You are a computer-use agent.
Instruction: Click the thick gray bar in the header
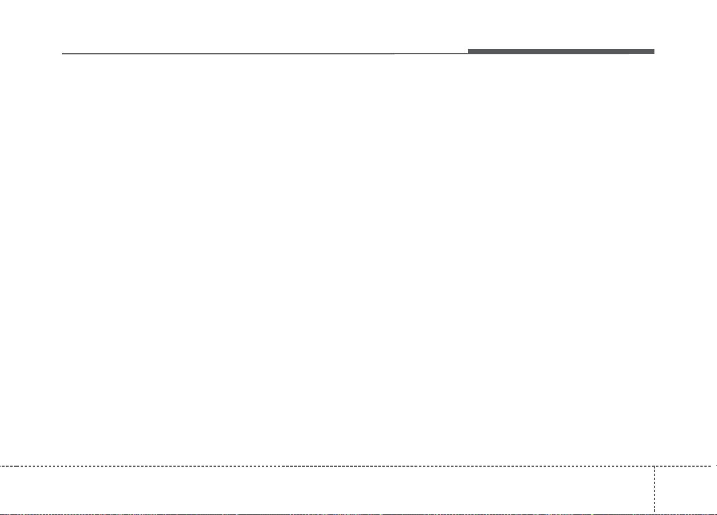tap(560, 52)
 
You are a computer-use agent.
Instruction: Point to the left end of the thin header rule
tap(63, 54)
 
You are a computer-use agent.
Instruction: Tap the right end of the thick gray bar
tap(653, 52)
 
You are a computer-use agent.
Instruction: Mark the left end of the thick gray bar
tap(468, 52)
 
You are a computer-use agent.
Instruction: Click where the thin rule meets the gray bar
tap(468, 53)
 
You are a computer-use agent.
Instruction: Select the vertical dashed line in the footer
tap(654, 488)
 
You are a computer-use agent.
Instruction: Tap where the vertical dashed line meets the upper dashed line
tap(654, 466)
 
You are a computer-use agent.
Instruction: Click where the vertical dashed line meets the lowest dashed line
tap(654, 513)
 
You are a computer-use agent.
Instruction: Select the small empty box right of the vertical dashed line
tap(685, 489)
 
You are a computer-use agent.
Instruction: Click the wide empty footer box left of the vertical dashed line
tap(327, 489)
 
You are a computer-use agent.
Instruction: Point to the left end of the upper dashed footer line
tap(1, 466)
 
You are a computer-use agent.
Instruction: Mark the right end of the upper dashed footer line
tap(715, 466)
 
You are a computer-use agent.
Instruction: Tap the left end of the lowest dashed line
tap(1, 513)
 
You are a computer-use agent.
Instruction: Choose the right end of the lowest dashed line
tap(715, 513)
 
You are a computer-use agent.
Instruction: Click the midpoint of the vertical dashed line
tap(654, 489)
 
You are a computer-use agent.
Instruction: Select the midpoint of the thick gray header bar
tap(561, 52)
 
